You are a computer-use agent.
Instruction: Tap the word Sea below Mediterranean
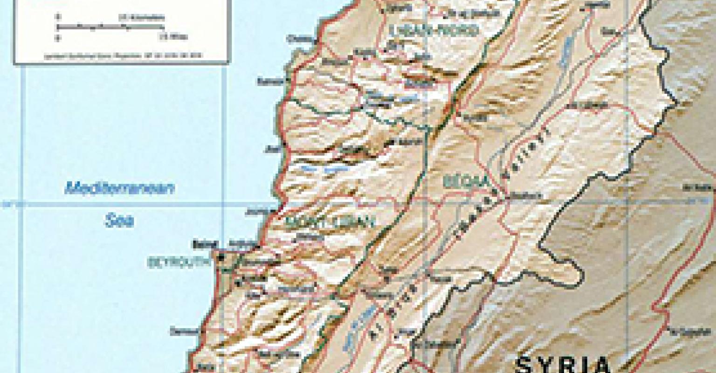tap(119, 221)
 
